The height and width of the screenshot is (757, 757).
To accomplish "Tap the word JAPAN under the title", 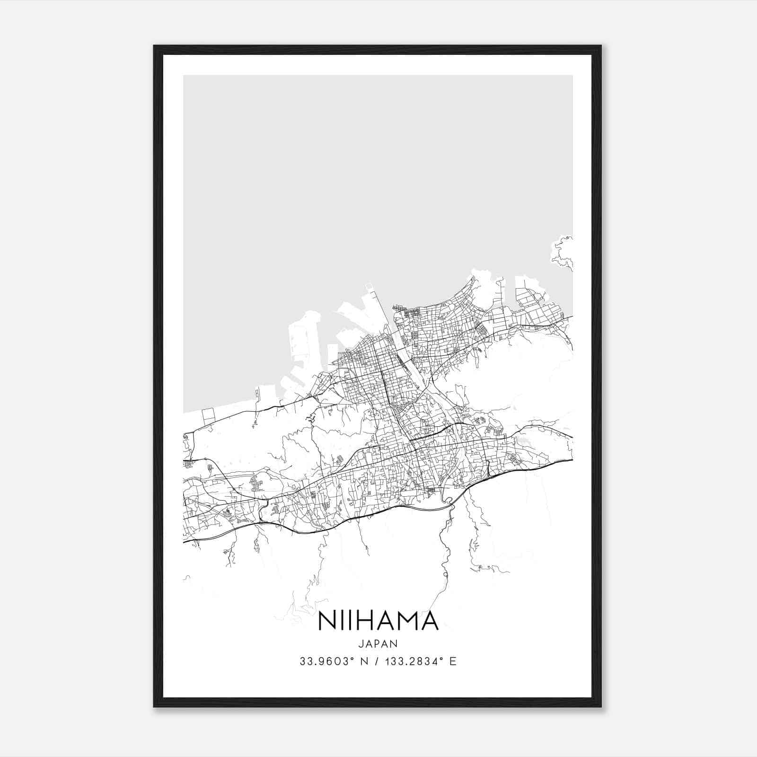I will [378, 643].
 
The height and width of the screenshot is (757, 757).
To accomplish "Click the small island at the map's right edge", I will [563, 253].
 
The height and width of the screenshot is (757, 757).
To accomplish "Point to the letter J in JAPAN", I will [361, 643].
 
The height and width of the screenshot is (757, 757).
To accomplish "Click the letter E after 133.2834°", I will [453, 661].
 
